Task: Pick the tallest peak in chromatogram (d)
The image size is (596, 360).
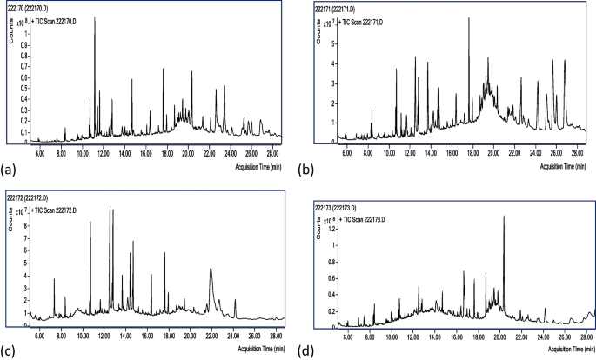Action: pos(504,216)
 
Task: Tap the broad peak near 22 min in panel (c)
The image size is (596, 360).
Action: pos(211,270)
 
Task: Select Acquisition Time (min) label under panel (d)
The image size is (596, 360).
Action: pos(558,348)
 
